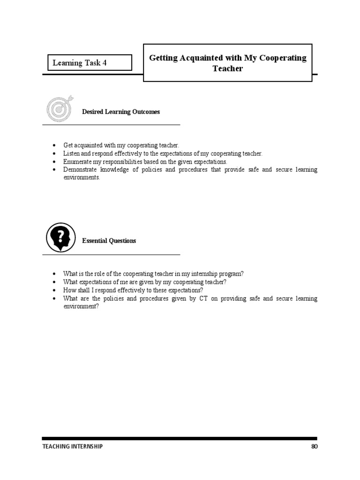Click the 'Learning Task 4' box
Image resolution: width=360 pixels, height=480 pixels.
[x=89, y=63]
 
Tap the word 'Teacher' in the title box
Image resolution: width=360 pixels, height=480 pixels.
[x=227, y=68]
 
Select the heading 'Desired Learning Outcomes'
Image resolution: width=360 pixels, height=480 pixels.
[x=121, y=112]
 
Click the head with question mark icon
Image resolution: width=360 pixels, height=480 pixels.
[x=60, y=237]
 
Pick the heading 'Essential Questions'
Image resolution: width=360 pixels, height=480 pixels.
[x=109, y=241]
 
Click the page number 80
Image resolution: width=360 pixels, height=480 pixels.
[x=314, y=447]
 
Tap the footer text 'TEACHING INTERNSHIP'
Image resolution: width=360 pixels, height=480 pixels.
[x=72, y=447]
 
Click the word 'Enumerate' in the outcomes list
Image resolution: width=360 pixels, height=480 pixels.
[x=76, y=161]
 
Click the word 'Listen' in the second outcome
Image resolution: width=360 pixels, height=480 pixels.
[x=71, y=153]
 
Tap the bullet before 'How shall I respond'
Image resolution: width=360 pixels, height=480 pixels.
[x=55, y=290]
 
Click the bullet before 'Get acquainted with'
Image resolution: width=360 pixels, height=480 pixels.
[x=55, y=146]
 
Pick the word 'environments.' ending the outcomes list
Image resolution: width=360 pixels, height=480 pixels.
[x=82, y=178]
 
